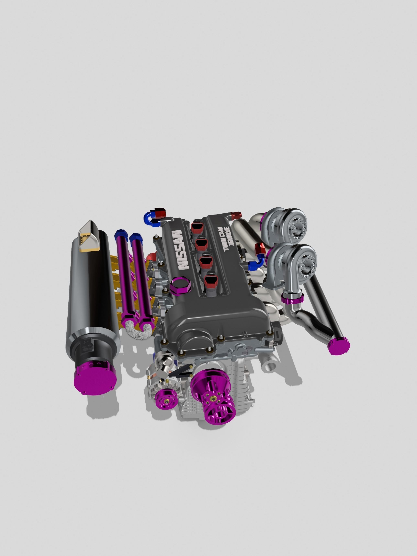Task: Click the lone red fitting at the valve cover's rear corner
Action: coord(236,215)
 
